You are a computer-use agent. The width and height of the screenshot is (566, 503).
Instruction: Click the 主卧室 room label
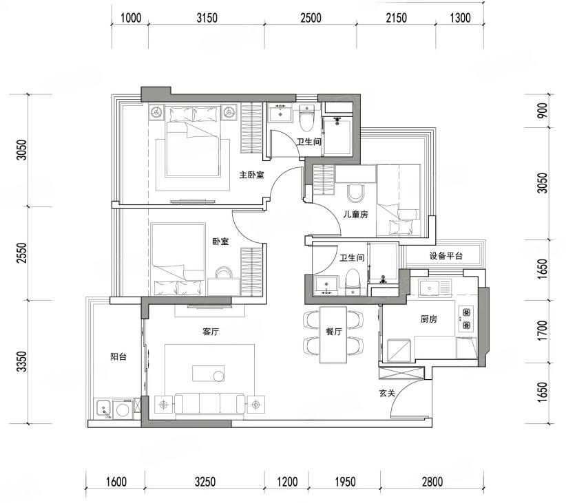[251, 175]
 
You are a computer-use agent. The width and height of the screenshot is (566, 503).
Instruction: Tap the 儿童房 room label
[355, 214]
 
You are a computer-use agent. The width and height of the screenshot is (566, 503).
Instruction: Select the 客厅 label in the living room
[211, 332]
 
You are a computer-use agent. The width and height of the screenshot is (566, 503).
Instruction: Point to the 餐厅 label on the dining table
[333, 332]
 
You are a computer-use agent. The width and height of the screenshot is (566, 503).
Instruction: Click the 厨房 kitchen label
[429, 319]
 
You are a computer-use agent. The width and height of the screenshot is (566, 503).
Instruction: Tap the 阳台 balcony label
[118, 357]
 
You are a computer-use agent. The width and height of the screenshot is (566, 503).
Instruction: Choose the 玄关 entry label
[388, 393]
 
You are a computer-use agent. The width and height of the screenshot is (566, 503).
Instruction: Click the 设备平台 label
[446, 256]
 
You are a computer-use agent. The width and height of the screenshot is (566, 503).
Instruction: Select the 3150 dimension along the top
[207, 18]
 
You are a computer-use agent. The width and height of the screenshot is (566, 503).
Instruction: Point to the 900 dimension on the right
[542, 111]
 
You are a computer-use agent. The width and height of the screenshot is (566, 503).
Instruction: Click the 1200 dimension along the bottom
[287, 482]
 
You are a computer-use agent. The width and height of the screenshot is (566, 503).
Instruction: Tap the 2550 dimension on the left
[22, 253]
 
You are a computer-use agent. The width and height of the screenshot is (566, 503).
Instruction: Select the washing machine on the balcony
[123, 409]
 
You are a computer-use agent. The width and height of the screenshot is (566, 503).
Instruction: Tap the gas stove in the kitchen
[466, 319]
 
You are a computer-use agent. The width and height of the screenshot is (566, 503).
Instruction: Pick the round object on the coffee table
[219, 376]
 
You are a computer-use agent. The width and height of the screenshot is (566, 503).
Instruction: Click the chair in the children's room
[356, 193]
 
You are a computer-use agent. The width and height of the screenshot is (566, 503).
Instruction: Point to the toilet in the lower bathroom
[353, 282]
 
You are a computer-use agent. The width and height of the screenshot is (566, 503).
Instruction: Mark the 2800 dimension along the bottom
[432, 482]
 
